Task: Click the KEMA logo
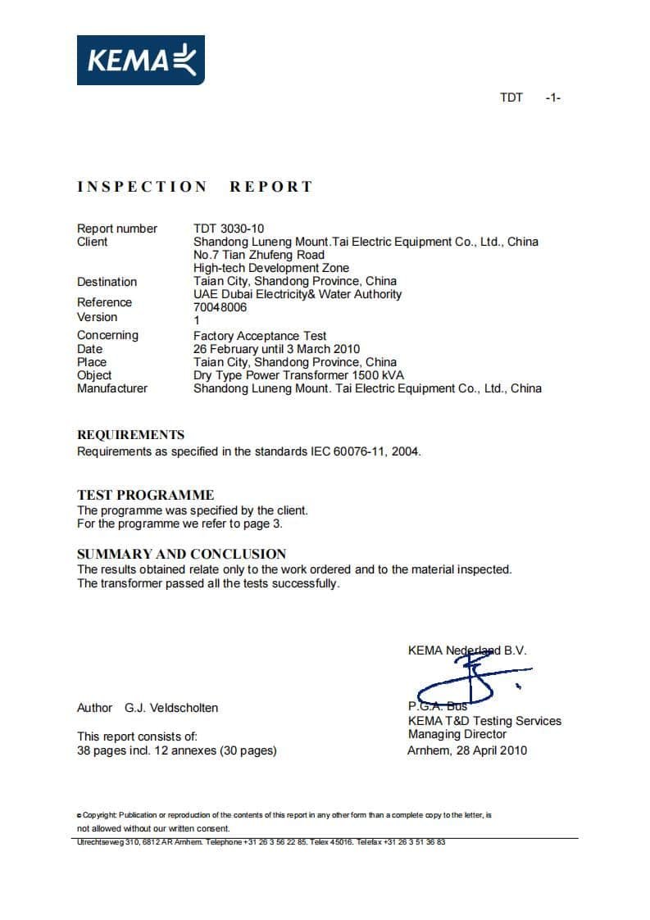tap(141, 60)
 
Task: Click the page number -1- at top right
tap(552, 97)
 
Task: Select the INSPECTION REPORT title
tap(195, 187)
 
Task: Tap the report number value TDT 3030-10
tap(229, 229)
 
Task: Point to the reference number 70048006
tap(220, 307)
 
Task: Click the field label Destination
tap(107, 282)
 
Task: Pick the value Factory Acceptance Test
tap(260, 336)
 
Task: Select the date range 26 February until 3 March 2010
tap(276, 349)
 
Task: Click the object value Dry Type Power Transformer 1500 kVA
tap(298, 375)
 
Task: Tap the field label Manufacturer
tap(112, 388)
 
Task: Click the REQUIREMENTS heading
tap(130, 435)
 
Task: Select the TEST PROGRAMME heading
tap(145, 495)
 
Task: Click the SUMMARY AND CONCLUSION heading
tap(181, 554)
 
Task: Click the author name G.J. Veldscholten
tap(171, 707)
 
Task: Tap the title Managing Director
tap(457, 734)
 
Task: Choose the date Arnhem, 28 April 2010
tap(467, 750)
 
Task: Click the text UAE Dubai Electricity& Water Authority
tap(298, 294)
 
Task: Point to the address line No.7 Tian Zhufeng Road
tap(259, 255)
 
